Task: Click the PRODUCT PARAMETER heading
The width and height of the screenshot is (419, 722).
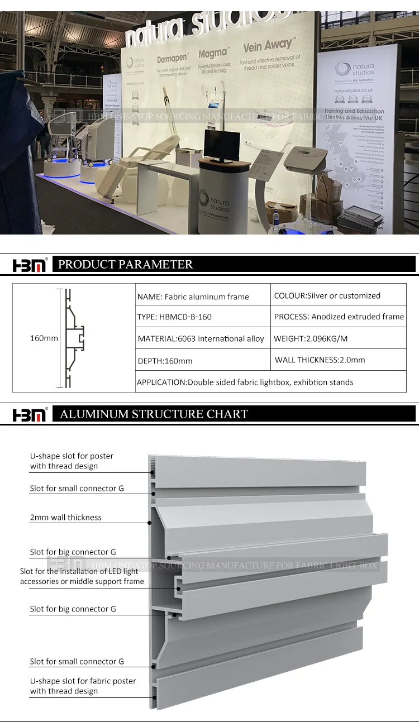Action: click(x=126, y=265)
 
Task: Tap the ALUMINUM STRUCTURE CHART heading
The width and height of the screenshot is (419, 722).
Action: click(x=154, y=414)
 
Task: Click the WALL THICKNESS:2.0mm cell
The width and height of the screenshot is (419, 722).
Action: click(x=320, y=360)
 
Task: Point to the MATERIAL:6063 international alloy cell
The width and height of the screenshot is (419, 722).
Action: click(x=201, y=338)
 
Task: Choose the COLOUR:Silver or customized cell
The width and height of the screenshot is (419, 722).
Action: click(x=327, y=295)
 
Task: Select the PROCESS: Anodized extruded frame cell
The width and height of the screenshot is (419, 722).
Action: click(x=339, y=317)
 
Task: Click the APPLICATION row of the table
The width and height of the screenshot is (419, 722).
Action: click(x=245, y=382)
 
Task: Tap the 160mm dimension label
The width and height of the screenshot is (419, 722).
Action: click(x=44, y=338)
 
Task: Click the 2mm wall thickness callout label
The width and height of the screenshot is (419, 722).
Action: click(x=65, y=518)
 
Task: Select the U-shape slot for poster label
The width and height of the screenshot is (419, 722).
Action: click(x=72, y=461)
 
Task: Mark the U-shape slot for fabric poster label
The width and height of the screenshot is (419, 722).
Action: click(x=83, y=686)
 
